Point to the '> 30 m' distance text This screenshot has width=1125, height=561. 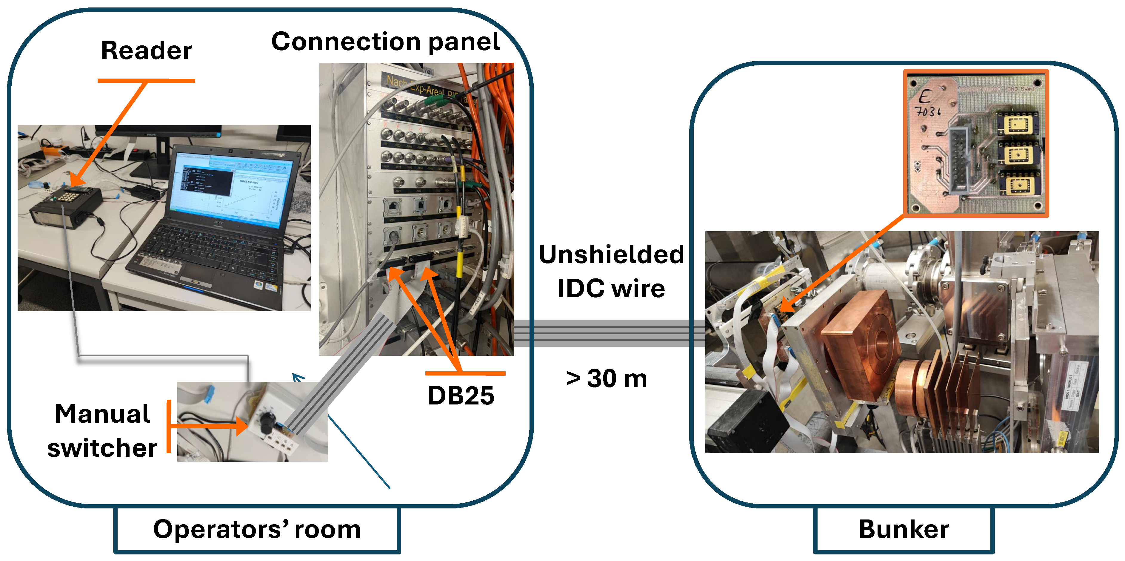tap(606, 378)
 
